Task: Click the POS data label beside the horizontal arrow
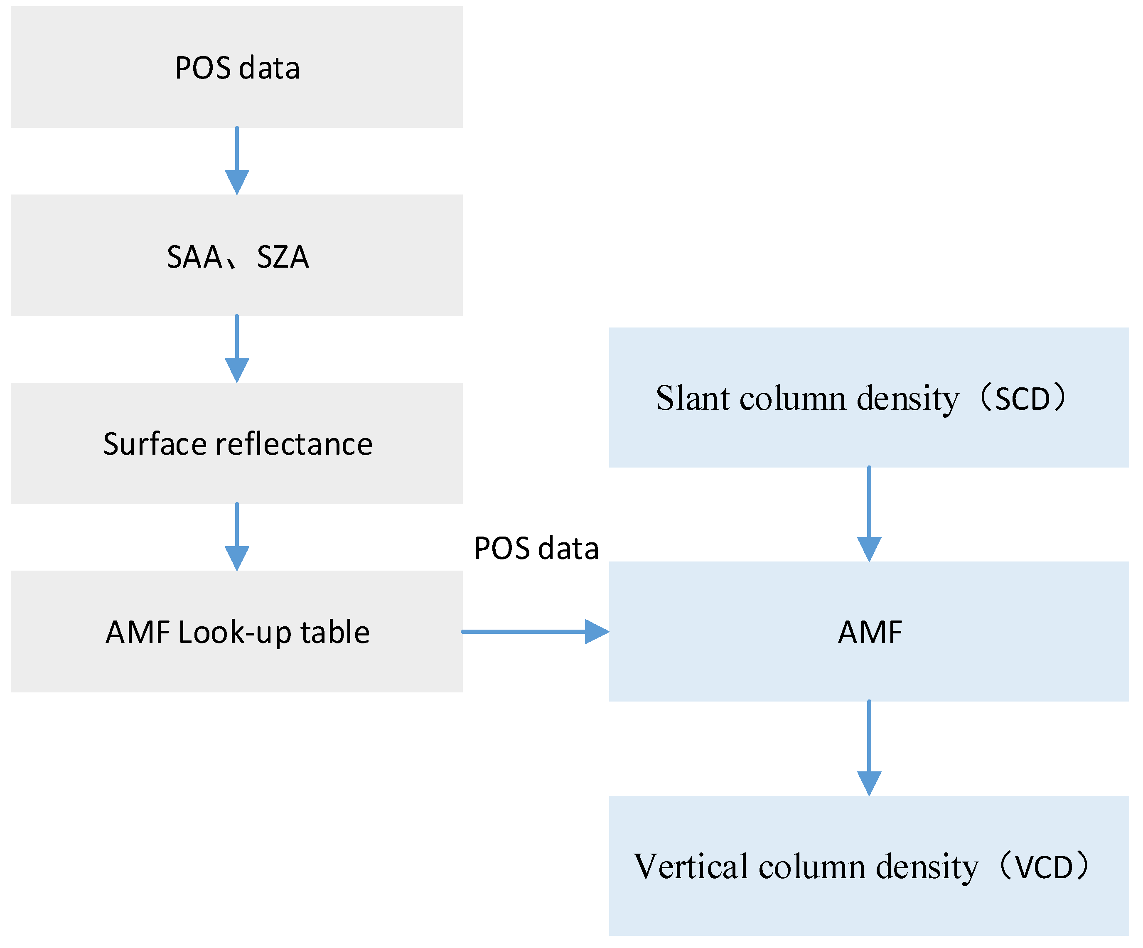pos(536,548)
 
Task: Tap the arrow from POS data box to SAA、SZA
pos(237,160)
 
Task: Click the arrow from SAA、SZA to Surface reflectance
pos(237,349)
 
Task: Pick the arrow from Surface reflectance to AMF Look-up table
pos(237,537)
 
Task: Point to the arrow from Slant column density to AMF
pos(869,514)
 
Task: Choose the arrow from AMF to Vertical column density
pos(869,748)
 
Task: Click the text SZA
pos(283,257)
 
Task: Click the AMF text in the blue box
pos(870,632)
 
